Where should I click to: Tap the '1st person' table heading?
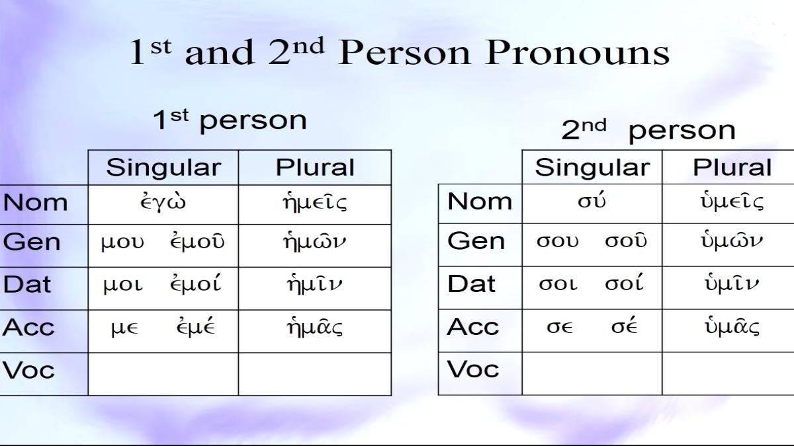pos(230,120)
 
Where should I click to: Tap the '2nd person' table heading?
pos(648,130)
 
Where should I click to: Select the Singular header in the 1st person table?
pos(163,167)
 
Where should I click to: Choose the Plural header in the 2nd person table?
pos(732,167)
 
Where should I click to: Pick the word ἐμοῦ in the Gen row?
pos(197,242)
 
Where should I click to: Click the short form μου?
pos(122,244)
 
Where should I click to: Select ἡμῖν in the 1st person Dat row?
pos(315,284)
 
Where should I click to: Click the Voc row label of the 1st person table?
pos(28,370)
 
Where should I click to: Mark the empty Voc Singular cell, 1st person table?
pos(163,374)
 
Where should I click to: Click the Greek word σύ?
pos(592,201)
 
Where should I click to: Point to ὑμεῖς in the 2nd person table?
pos(732,202)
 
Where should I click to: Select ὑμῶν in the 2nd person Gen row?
pos(732,241)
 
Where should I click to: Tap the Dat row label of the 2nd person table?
pos(471,284)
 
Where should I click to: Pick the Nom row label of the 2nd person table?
pos(480,202)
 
